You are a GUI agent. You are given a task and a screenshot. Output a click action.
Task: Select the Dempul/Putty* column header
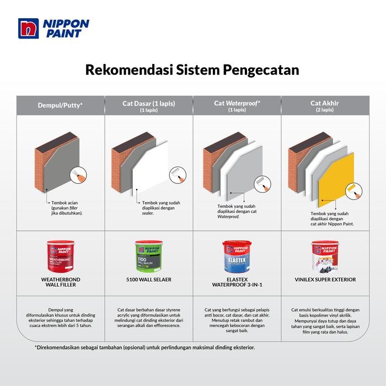pos(60,104)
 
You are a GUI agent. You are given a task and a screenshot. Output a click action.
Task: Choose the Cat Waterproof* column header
pos(237,104)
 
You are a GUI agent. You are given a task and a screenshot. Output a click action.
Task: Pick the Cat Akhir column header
pos(325,104)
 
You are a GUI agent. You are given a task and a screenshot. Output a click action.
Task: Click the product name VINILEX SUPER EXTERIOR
pos(325,280)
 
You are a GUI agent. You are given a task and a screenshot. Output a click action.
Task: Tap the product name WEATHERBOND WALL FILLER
pos(60,282)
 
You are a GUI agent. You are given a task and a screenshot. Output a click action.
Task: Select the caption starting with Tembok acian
pos(67,208)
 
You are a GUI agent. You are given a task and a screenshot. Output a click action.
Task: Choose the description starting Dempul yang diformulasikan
pos(60,319)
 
